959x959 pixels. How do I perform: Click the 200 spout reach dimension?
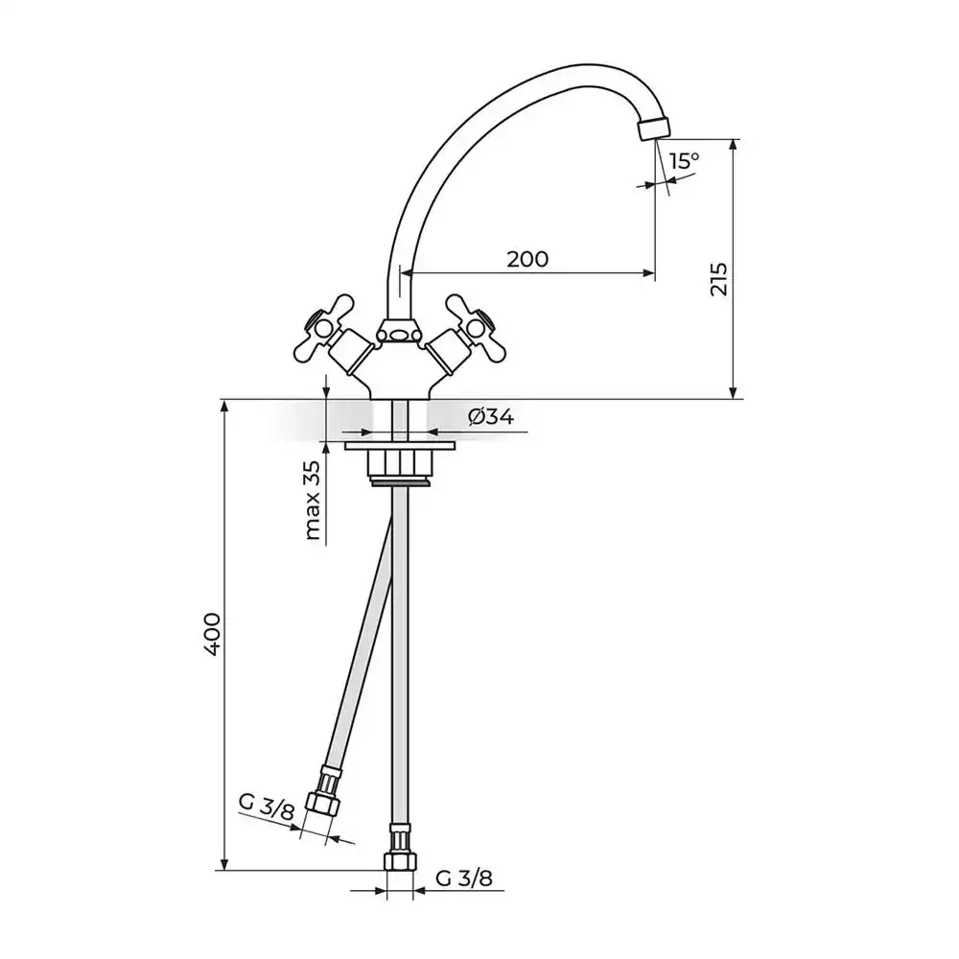527,259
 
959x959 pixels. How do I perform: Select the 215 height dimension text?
719,279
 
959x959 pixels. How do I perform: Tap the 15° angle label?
685,161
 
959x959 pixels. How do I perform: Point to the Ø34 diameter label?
491,416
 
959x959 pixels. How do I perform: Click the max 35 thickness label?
313,501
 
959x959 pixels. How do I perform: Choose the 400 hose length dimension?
212,634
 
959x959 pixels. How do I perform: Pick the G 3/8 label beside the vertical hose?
464,878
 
